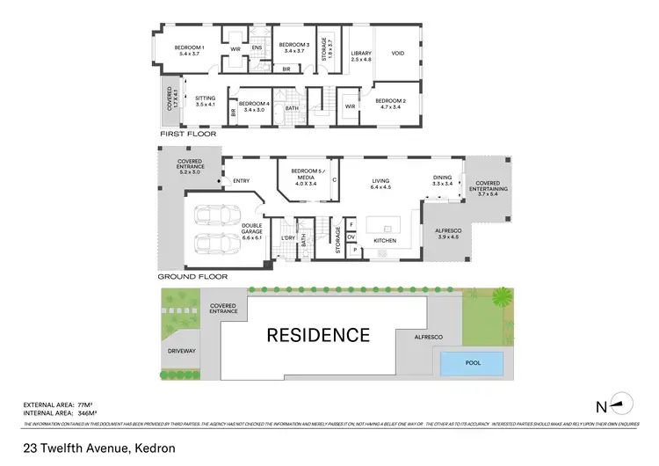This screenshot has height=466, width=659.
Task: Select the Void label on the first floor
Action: pyautogui.click(x=398, y=54)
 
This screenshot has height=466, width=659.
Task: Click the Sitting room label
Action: pyautogui.click(x=206, y=101)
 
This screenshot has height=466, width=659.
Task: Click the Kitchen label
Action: pyautogui.click(x=385, y=240)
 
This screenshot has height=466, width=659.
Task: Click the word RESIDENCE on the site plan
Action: pyautogui.click(x=318, y=335)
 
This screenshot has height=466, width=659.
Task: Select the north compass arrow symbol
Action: pyautogui.click(x=620, y=404)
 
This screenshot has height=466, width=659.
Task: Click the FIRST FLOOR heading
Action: pyautogui.click(x=187, y=134)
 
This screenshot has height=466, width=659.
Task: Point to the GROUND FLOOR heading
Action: pyautogui.click(x=193, y=276)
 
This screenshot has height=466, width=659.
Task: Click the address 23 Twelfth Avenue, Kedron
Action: pyautogui.click(x=99, y=448)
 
